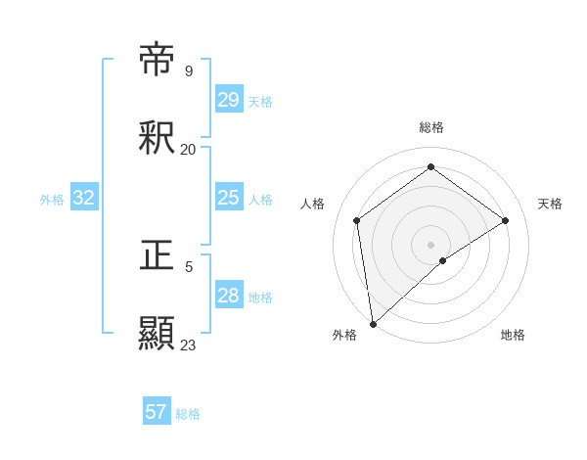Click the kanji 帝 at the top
[x=158, y=61]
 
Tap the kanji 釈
[x=158, y=138]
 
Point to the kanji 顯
[x=158, y=334]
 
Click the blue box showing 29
[x=228, y=100]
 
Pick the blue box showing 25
[x=228, y=198]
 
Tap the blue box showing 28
[x=228, y=296]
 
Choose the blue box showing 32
[x=84, y=198]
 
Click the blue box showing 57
[x=157, y=412]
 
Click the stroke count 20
[x=188, y=149]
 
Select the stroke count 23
[x=188, y=345]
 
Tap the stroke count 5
[x=189, y=266]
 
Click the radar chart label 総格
[x=431, y=127]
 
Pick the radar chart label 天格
[x=550, y=204]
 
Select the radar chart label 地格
[x=513, y=335]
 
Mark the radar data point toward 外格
[x=372, y=324]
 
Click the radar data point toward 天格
[x=506, y=220]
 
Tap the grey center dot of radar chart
[x=431, y=244]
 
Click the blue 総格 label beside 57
[x=188, y=414]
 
